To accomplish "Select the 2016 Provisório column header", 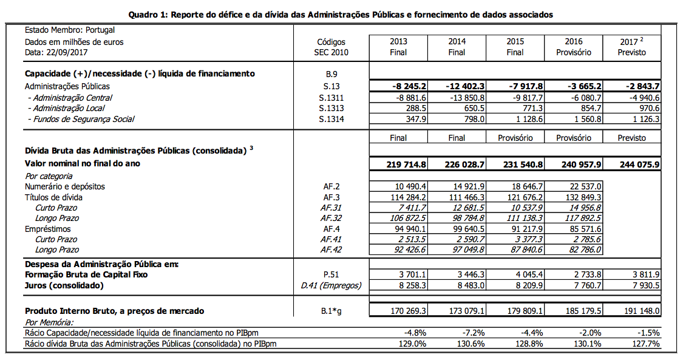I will pyautogui.click(x=573, y=47).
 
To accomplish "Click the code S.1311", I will pyautogui.click(x=331, y=97).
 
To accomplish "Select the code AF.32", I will pyautogui.click(x=331, y=218).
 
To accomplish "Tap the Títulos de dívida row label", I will pyautogui.click(x=54, y=197).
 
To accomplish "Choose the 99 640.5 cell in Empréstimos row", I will pyautogui.click(x=467, y=229).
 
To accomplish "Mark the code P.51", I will pyautogui.click(x=331, y=274).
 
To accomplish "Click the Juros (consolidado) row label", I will pyautogui.click(x=64, y=285).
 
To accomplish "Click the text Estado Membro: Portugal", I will pyautogui.click(x=70, y=30).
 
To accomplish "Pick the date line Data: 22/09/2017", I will pyautogui.click(x=58, y=52).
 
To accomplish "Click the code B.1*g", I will pyautogui.click(x=331, y=311).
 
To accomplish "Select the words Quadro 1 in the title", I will pyautogui.click(x=149, y=15).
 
